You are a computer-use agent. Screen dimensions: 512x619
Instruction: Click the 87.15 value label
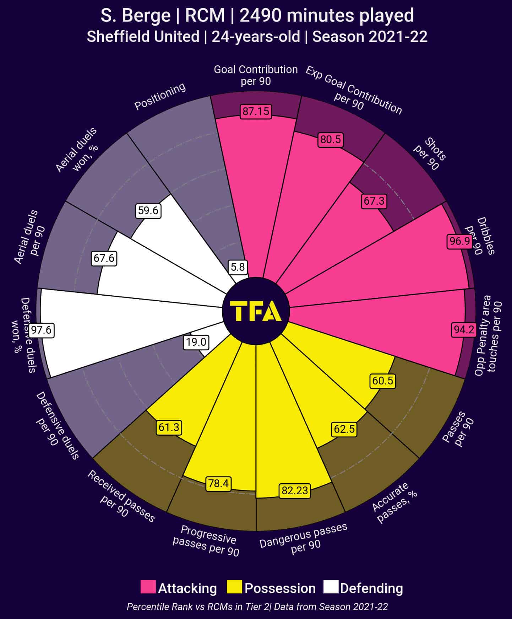[256, 112]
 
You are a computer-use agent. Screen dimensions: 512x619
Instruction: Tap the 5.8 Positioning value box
[238, 267]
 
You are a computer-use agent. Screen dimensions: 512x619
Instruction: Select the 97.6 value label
[41, 330]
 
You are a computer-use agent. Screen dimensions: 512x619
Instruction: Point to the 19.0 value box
[196, 342]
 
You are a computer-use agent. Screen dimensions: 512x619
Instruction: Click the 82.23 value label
[295, 491]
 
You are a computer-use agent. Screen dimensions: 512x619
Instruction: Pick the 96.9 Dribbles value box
[460, 241]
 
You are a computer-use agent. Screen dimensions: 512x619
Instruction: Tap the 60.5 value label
[383, 381]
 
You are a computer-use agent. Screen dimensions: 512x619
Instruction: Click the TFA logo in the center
[256, 311]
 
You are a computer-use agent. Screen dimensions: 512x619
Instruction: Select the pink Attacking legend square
[148, 587]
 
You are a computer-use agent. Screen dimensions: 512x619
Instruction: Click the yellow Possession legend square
[234, 587]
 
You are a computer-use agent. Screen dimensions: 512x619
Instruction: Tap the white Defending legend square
[331, 587]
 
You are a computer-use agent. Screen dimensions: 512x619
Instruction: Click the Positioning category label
[160, 96]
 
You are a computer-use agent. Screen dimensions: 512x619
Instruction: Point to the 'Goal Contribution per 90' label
[256, 75]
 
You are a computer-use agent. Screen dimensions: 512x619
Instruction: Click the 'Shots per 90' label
[430, 154]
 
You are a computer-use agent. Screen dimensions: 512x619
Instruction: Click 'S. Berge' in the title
[135, 16]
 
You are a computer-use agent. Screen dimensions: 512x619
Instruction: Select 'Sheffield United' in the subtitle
[143, 37]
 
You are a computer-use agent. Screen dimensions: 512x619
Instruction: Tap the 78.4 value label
[218, 484]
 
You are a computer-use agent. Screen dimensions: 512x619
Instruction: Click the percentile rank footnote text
[257, 607]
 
